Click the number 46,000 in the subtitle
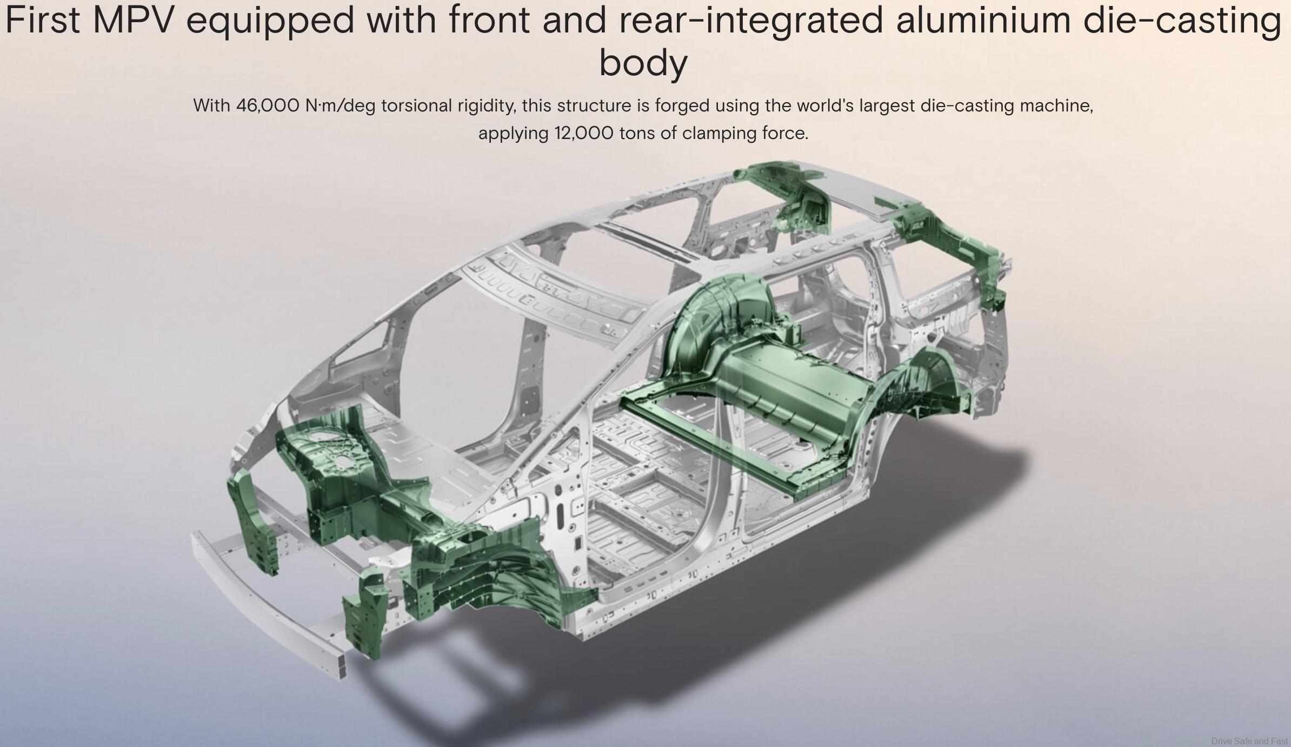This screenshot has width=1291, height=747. tap(268, 105)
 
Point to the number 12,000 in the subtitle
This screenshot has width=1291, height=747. tap(584, 133)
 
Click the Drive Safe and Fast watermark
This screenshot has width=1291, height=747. tap(1250, 741)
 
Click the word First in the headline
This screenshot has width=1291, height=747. tap(43, 20)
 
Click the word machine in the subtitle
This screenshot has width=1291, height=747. tap(1056, 105)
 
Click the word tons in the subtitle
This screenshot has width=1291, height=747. tap(637, 134)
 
